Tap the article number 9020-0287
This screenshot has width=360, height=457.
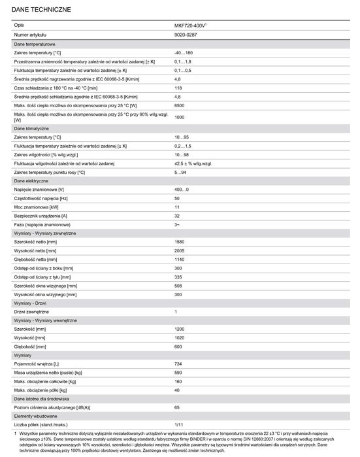pyautogui.click(x=186, y=33)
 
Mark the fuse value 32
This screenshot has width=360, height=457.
pyautogui.click(x=178, y=215)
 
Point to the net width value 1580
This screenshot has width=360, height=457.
pyautogui.click(x=180, y=242)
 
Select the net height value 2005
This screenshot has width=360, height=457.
pyautogui.click(x=180, y=250)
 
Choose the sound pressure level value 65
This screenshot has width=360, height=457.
pyautogui.click(x=178, y=406)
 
